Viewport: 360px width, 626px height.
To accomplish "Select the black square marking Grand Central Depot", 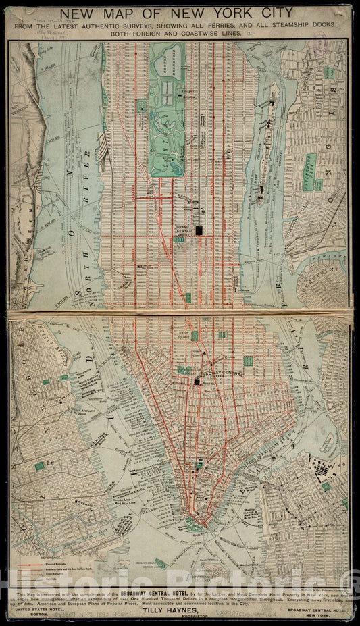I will pos(199,230).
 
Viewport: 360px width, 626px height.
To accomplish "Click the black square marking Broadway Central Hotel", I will pos(197,382).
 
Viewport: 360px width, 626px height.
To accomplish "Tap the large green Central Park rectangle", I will pos(166,108).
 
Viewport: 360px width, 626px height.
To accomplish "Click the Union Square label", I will pos(181,333).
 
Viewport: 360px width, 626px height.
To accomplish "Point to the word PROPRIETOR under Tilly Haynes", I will pos(180,615).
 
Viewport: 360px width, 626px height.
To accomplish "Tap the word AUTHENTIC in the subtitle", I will pos(113,25).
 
